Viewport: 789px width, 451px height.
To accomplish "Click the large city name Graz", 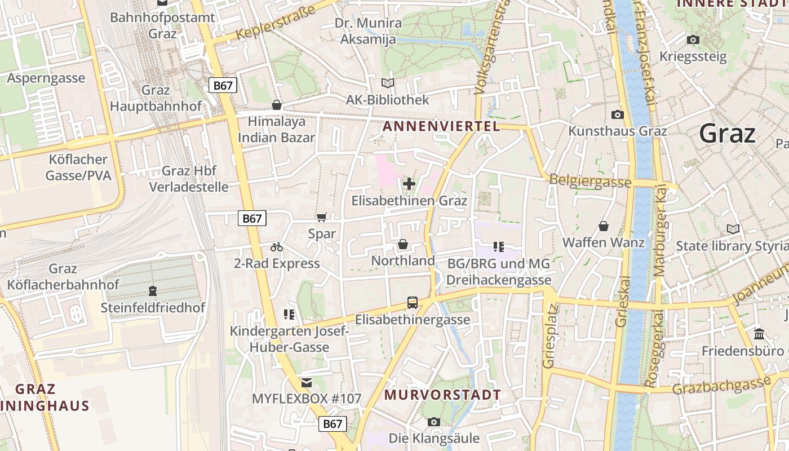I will click(727, 134).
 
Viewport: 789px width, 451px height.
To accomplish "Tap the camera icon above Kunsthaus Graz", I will click(618, 114).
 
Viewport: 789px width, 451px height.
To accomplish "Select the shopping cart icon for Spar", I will click(321, 218).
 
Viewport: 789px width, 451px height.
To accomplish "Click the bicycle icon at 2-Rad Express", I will click(276, 247).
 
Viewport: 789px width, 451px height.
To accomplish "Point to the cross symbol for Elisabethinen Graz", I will click(409, 184).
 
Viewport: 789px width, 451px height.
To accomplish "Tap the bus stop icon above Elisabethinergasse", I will click(413, 303).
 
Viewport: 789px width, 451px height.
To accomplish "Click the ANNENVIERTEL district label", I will click(441, 126).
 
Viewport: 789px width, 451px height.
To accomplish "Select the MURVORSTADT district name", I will click(442, 395).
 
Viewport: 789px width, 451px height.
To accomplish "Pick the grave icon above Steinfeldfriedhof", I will click(152, 291).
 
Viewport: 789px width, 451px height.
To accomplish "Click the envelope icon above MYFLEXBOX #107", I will click(306, 383).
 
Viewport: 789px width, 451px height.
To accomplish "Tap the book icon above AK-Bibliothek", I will click(388, 83).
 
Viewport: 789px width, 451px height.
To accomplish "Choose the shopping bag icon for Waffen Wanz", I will click(604, 226).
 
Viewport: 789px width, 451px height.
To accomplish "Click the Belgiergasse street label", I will click(590, 182).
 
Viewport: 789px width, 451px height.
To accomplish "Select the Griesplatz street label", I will click(549, 336).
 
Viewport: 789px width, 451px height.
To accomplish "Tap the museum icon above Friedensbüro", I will click(759, 334).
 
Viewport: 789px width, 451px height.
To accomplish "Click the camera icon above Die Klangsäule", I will click(433, 422).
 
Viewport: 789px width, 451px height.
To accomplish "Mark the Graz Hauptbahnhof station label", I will click(156, 98).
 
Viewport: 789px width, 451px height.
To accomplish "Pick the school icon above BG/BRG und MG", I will click(498, 246).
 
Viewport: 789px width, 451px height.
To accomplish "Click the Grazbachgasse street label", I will click(721, 387).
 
